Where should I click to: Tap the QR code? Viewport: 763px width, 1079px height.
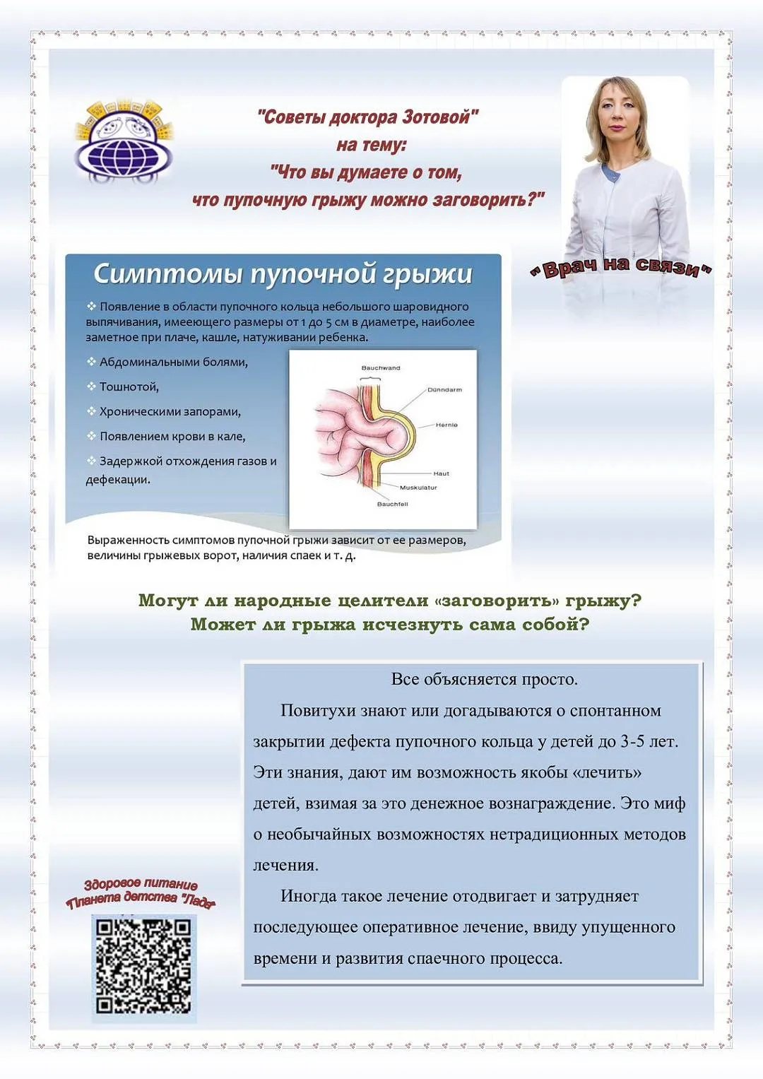tap(143, 966)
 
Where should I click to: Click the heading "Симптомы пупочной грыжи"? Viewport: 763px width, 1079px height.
tap(283, 274)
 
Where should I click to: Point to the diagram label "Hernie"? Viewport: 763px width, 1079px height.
tap(446, 425)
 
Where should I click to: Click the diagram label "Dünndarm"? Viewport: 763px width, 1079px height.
tap(444, 390)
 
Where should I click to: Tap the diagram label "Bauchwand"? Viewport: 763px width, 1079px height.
tap(381, 368)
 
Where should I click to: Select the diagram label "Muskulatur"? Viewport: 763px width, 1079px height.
tap(418, 488)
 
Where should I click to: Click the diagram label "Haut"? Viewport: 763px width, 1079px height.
tap(441, 473)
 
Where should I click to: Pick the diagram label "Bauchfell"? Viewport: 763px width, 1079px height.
tap(392, 504)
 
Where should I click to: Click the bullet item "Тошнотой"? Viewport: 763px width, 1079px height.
tap(129, 387)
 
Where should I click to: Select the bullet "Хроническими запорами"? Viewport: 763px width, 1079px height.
tap(170, 412)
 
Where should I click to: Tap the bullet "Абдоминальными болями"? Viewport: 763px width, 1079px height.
tap(173, 362)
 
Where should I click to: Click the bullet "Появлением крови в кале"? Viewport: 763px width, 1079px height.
tap(172, 437)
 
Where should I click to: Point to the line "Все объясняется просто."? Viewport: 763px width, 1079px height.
tap(484, 680)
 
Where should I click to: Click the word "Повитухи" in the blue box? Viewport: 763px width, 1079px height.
tap(317, 711)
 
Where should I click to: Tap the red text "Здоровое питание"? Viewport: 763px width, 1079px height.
tap(141, 884)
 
